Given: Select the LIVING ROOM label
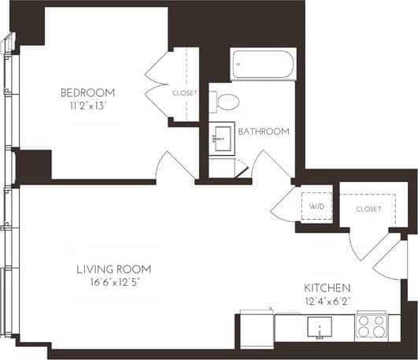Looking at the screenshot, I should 113,269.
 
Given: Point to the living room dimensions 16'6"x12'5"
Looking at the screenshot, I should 113,281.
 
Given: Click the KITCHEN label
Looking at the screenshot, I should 327,288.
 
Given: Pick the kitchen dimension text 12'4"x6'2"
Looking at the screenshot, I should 327,300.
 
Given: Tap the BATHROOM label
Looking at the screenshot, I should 263,131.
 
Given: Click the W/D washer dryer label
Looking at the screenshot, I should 316,206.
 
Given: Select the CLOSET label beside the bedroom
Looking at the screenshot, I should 184,93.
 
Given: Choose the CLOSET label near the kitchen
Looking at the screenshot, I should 368,209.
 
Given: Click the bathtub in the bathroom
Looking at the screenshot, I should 263,65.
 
